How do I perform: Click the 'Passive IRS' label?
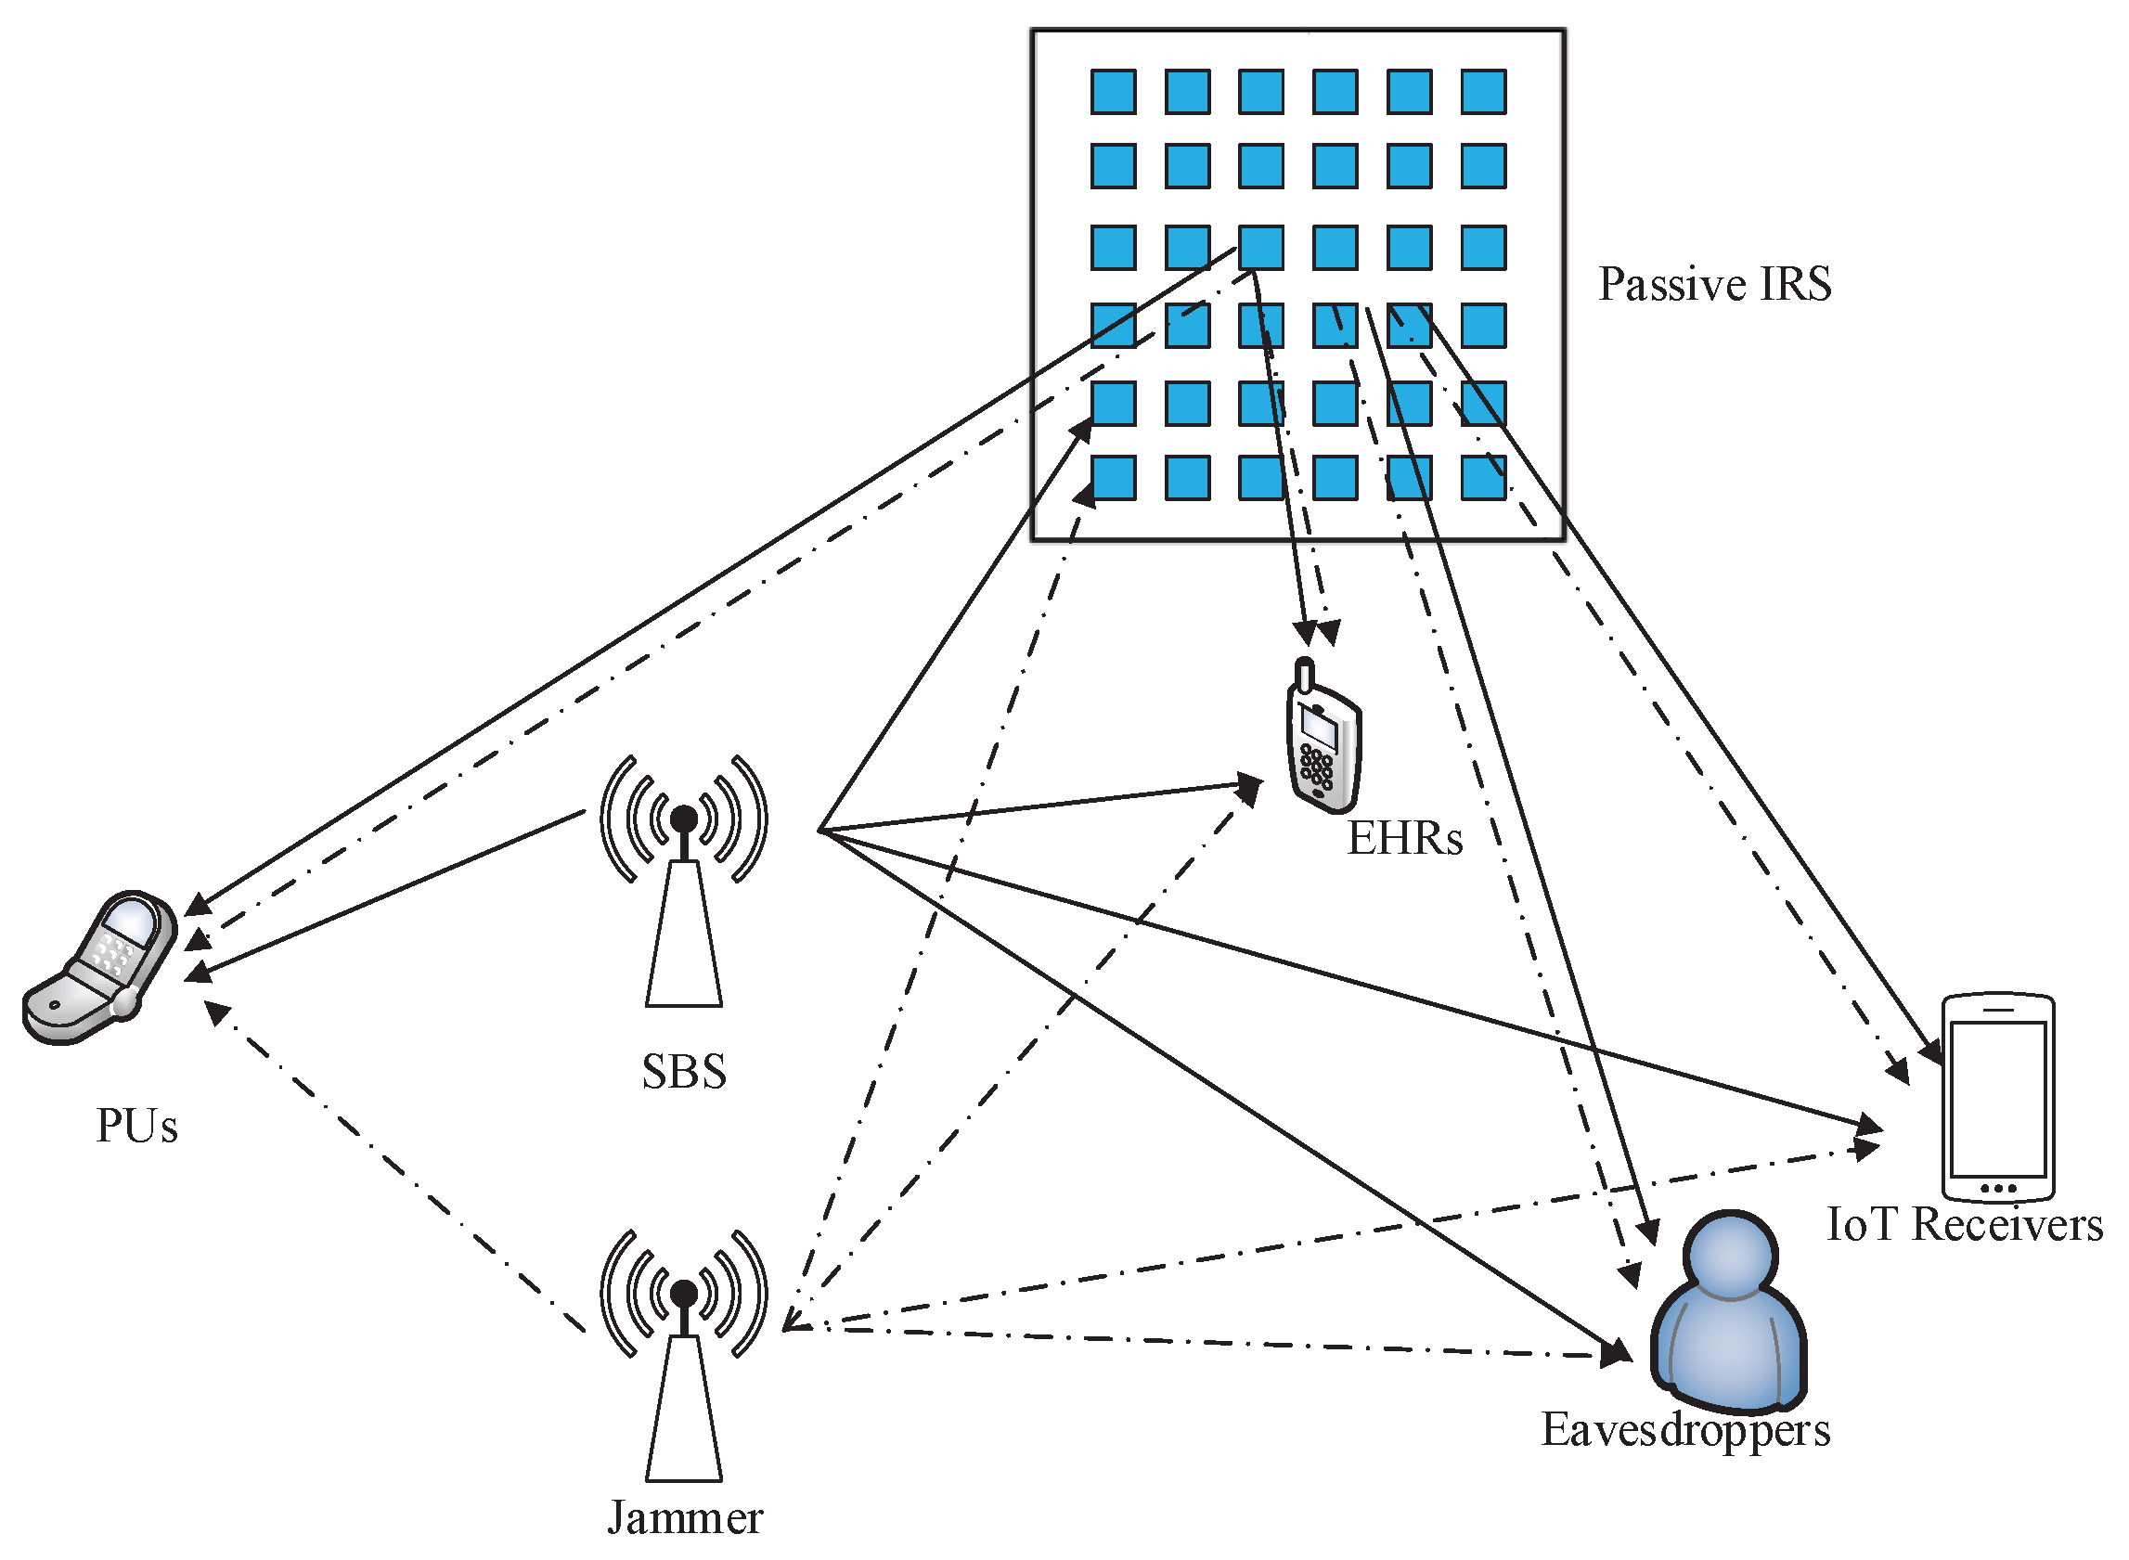[x=1713, y=284]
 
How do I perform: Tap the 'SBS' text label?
[x=684, y=1072]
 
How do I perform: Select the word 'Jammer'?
[x=685, y=1518]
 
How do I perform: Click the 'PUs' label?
[x=137, y=1126]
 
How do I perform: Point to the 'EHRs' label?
[x=1404, y=839]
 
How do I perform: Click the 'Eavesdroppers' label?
[x=1685, y=1430]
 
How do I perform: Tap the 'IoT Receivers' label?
[x=1964, y=1225]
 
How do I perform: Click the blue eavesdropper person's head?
[x=1731, y=1253]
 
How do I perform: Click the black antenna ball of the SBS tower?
[x=684, y=818]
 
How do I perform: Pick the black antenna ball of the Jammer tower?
[x=684, y=1293]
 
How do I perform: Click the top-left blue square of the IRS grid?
[x=1113, y=92]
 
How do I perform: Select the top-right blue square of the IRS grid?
[x=1482, y=92]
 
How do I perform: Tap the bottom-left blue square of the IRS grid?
[x=1113, y=478]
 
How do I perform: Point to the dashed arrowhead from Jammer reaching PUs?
[x=215, y=1012]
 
